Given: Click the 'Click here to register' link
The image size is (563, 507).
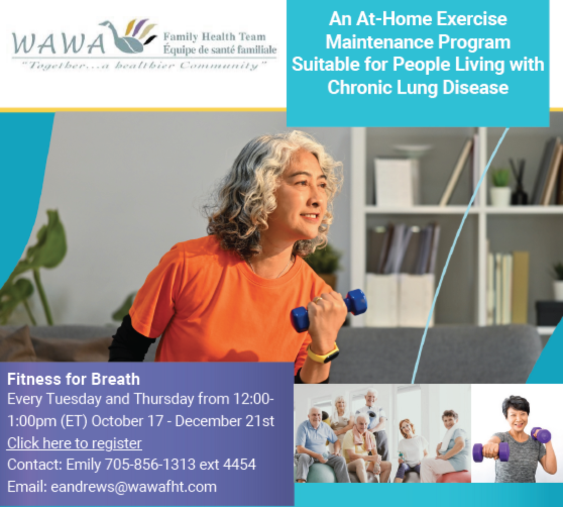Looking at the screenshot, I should point(74,443).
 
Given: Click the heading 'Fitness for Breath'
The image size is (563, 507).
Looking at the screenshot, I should point(73,378).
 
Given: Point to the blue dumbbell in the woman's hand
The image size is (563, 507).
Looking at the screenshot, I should point(328,308).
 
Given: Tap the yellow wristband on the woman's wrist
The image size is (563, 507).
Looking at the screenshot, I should point(322,353).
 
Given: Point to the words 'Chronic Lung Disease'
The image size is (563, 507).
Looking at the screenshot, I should point(418,87).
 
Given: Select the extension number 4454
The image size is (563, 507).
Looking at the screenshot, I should point(239,465).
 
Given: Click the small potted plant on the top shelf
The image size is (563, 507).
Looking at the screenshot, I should point(500,187).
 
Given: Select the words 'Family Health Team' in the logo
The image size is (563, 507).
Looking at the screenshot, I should point(214,37).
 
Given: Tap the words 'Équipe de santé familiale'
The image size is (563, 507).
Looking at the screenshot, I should point(220,49).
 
